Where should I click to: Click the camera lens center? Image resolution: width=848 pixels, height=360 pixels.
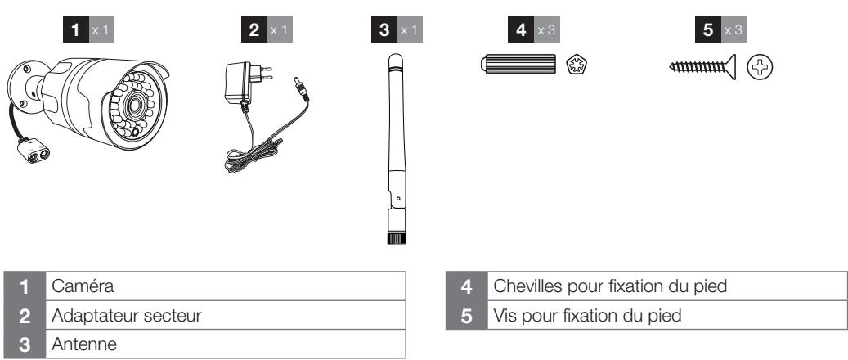click(x=133, y=106)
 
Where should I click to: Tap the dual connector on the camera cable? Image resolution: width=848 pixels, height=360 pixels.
click(x=34, y=151)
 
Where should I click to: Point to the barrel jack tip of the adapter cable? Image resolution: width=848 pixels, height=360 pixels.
click(x=301, y=89)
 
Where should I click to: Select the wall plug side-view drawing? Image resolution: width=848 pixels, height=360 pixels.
click(x=518, y=64)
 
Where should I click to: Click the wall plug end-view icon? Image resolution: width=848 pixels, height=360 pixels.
click(x=577, y=65)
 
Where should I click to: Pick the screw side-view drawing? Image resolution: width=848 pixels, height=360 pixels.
click(x=702, y=66)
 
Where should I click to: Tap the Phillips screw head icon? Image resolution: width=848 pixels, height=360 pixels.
click(x=760, y=67)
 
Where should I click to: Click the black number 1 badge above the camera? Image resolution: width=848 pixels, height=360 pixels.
click(x=76, y=29)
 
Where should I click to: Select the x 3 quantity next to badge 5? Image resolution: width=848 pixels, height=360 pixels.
click(x=734, y=29)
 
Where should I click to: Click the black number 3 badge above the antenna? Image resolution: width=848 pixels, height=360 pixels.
click(x=384, y=29)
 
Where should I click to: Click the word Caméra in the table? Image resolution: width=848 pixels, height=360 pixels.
click(x=83, y=286)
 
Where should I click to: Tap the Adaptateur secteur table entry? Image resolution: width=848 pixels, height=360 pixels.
click(x=127, y=315)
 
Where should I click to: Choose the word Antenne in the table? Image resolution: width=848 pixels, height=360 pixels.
click(x=84, y=344)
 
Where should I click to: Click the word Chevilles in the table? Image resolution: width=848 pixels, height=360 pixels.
click(x=527, y=286)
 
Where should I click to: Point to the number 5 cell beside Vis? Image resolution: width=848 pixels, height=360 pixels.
click(x=467, y=315)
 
